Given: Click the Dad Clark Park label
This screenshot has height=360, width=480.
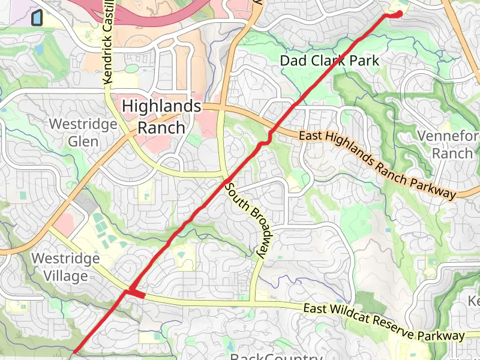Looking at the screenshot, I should (330, 61).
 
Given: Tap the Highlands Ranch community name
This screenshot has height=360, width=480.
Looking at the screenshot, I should (161, 117).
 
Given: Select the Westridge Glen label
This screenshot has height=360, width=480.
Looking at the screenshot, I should (83, 133).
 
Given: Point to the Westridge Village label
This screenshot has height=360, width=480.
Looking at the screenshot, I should (65, 267).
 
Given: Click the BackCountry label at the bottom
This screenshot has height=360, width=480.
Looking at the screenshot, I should (276, 356).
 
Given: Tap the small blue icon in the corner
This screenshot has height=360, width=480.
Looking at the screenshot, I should (37, 18).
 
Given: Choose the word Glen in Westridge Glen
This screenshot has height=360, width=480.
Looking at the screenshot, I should (83, 142).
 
